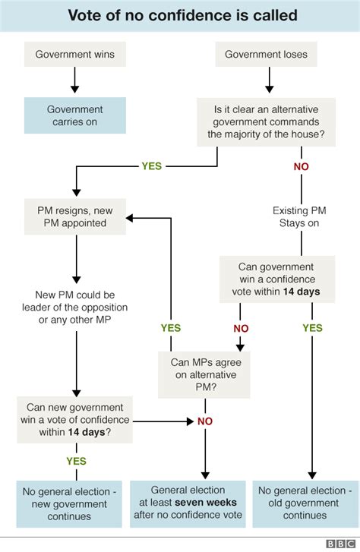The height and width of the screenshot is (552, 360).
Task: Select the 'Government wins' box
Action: tap(74, 55)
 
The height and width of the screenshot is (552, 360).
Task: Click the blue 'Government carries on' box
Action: tap(74, 116)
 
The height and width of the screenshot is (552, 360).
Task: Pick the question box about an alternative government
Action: tap(267, 122)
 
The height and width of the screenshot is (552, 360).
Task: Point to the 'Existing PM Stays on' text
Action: tap(301, 217)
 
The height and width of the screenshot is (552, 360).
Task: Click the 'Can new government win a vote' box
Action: tap(75, 418)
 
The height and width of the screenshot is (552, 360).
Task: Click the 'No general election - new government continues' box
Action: tap(68, 503)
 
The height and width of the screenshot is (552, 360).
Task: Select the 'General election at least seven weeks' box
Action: tap(188, 503)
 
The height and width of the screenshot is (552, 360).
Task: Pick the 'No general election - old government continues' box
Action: tap(305, 503)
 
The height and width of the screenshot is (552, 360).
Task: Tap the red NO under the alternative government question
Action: tap(302, 166)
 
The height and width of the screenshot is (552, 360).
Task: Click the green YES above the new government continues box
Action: tap(76, 461)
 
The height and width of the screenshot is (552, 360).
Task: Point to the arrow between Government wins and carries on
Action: tap(74, 80)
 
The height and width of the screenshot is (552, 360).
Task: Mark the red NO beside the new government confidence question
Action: tap(205, 421)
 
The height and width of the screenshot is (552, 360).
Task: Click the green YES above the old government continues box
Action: tap(312, 328)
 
